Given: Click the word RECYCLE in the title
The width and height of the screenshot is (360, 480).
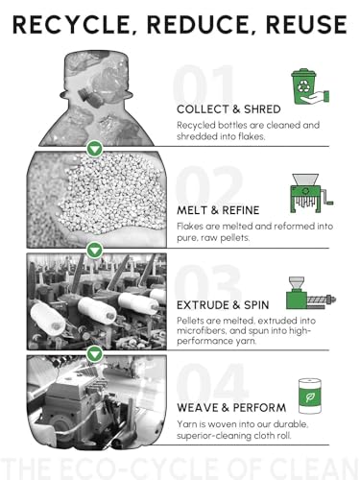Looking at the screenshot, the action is [72, 25].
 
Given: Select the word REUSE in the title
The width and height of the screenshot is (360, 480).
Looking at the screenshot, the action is [306, 25].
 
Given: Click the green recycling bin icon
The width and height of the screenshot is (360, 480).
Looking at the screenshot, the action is [310, 86].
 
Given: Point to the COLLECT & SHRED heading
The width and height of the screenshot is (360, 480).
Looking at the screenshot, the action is [228, 109].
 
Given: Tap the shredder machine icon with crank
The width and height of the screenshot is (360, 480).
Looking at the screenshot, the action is [311, 193].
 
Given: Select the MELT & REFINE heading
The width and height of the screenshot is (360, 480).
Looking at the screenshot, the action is [218, 210].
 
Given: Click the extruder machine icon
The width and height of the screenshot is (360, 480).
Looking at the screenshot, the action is [311, 293].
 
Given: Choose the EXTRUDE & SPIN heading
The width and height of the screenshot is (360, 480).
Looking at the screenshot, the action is [223, 305].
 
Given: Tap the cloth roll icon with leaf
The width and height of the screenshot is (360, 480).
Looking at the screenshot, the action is [310, 396].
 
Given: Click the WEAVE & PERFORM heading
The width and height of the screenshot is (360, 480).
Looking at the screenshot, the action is [231, 408].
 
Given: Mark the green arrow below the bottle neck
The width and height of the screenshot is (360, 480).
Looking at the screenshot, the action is [95, 149].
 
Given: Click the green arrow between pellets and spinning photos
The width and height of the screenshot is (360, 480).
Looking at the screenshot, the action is [95, 251].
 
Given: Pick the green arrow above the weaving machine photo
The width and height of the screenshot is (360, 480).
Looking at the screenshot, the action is [95, 354].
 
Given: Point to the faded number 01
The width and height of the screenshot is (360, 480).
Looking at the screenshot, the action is [204, 84].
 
